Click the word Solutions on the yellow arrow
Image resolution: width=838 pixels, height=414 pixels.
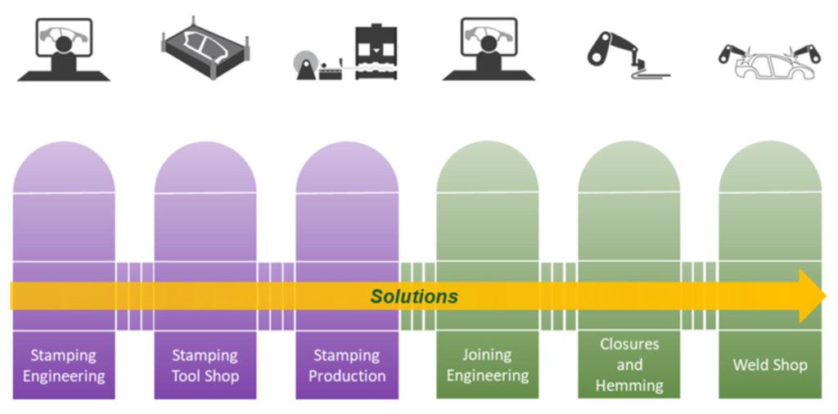[414, 296]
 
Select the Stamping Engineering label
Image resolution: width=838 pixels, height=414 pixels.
[64, 366]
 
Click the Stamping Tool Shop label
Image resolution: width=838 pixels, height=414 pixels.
[205, 366]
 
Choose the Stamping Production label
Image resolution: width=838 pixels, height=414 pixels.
[347, 366]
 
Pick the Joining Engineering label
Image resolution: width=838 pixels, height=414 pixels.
[487, 366]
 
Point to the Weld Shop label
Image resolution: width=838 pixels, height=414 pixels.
[769, 365]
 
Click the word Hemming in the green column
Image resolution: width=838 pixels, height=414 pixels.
[628, 385]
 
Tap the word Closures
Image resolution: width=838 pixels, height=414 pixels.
[628, 344]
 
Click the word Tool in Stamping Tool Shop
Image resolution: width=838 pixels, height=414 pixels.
[188, 376]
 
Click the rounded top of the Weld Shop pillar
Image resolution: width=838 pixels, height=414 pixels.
[769, 168]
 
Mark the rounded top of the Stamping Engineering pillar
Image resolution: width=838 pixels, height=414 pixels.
[64, 168]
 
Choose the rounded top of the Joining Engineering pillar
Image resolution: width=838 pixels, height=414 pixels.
[487, 168]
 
